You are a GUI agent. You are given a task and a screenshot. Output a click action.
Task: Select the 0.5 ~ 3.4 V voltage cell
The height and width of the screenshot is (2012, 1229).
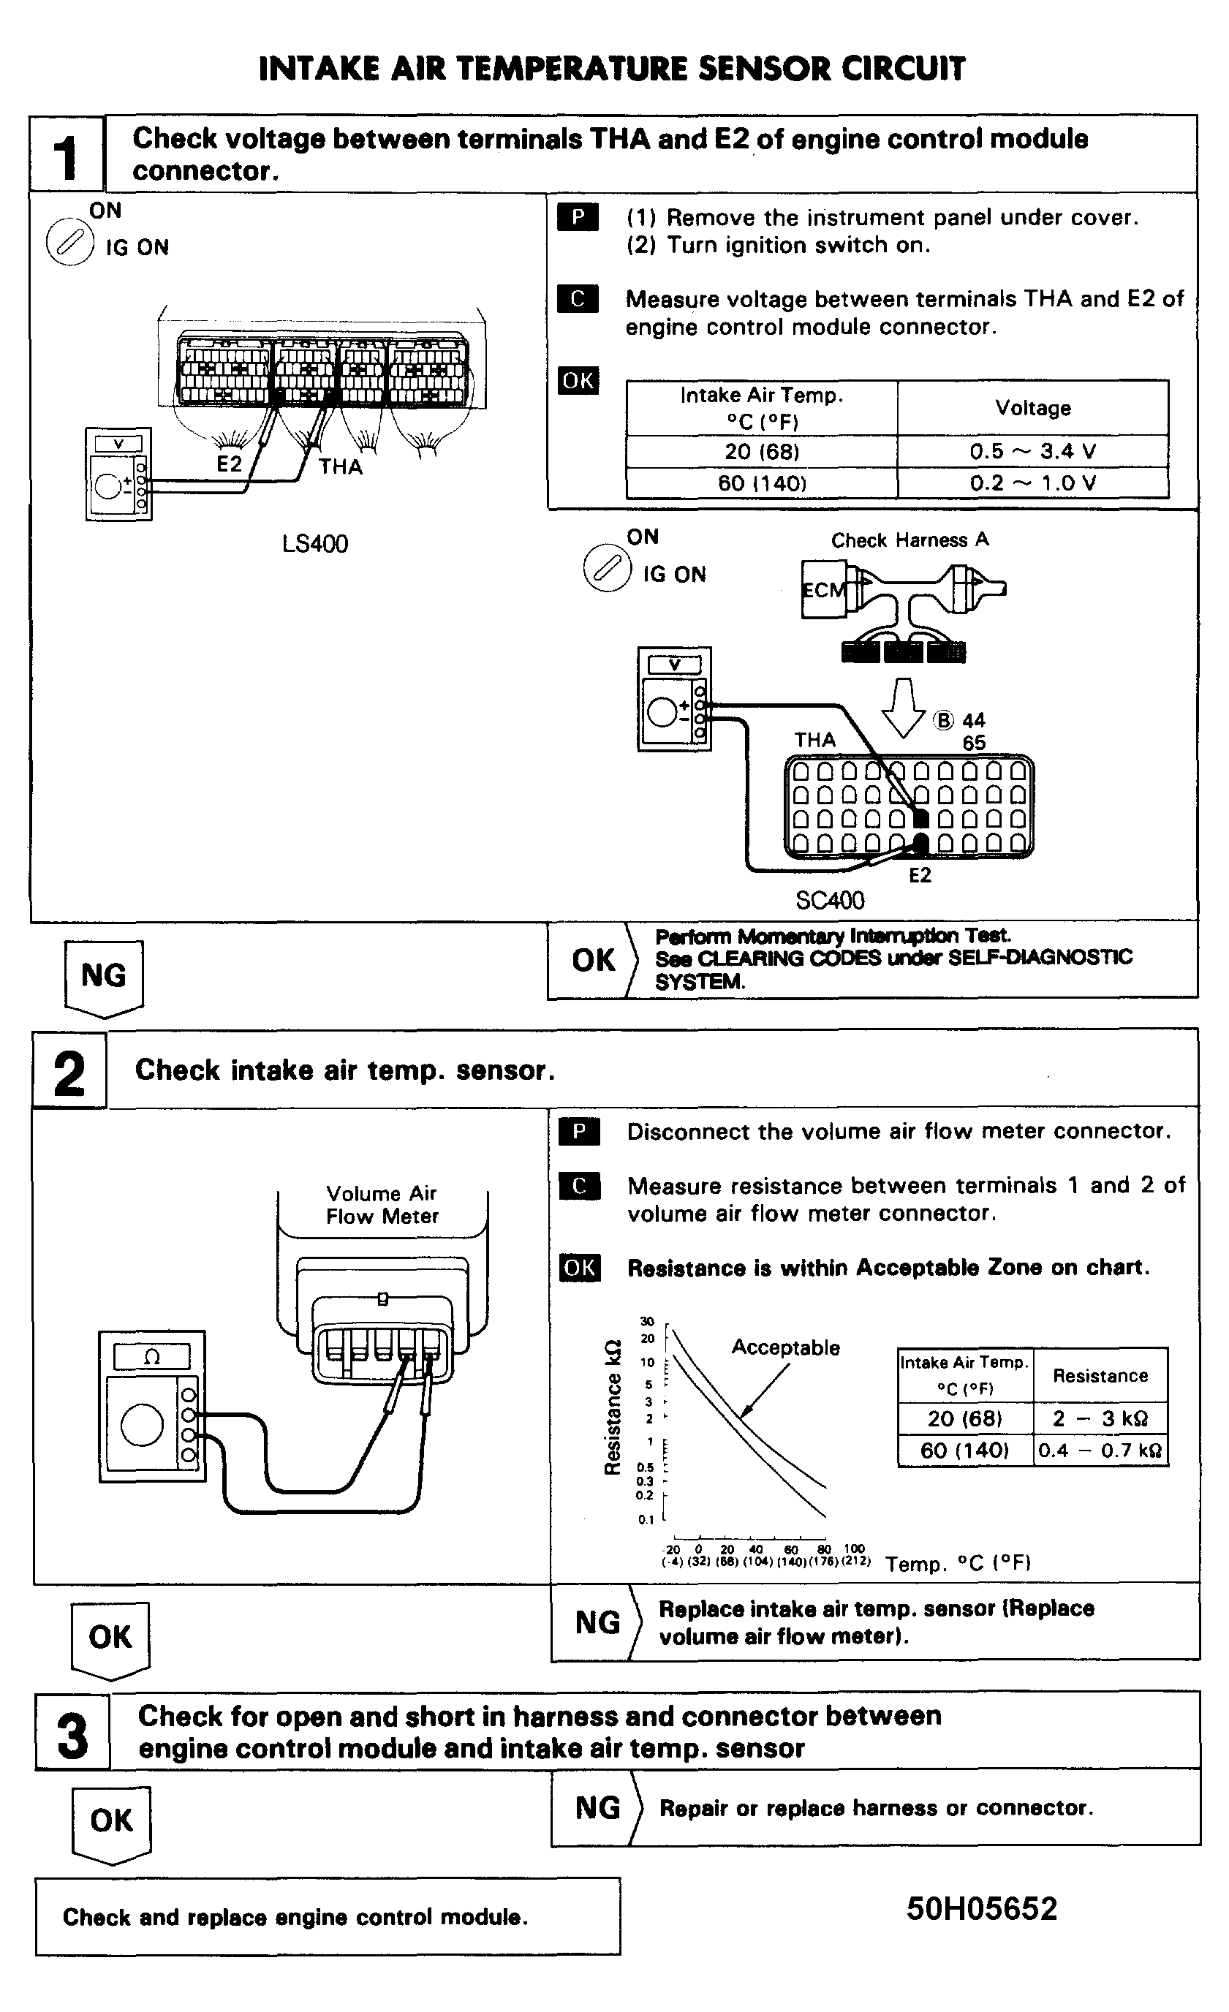[1032, 452]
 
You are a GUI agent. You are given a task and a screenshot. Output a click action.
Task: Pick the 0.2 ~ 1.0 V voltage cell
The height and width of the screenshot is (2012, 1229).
[1032, 483]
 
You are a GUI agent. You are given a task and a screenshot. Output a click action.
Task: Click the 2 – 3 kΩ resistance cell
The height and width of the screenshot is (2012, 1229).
[1100, 1418]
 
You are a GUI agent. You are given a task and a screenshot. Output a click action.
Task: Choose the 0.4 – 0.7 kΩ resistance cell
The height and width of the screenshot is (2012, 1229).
[1100, 1451]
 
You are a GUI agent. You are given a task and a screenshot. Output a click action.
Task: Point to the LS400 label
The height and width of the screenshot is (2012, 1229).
[315, 544]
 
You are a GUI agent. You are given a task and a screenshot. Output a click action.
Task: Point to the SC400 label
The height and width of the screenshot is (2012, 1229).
[830, 901]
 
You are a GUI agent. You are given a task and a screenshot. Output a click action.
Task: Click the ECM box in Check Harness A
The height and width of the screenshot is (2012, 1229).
[824, 589]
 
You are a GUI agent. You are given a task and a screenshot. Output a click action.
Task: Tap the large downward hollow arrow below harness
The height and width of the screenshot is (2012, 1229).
[903, 707]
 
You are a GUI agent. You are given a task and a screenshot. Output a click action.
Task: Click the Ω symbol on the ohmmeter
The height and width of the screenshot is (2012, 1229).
[152, 1357]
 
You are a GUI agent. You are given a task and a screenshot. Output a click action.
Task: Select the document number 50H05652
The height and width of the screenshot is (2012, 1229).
[982, 1909]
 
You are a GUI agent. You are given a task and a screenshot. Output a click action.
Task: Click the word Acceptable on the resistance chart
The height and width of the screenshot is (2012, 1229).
[785, 1347]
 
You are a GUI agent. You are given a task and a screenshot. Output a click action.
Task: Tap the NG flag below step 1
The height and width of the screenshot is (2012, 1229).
[104, 977]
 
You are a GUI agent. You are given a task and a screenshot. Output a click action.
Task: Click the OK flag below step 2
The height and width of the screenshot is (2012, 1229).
[110, 1637]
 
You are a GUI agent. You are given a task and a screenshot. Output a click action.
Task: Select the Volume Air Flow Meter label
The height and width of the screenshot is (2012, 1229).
[382, 1204]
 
